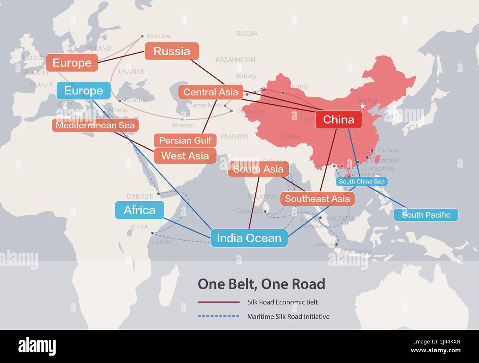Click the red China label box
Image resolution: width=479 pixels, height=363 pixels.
pos(338,119)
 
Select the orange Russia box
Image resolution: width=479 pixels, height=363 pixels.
pos(172,51)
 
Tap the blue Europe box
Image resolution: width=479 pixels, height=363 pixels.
pos(84,91)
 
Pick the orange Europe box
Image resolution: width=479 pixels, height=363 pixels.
pos(72,63)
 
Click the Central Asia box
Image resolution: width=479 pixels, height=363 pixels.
pos(211,92)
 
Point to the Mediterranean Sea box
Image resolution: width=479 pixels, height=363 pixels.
pos(95,125)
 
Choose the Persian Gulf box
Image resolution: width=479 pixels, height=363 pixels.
pos(185,140)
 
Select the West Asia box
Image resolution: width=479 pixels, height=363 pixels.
pos(185,156)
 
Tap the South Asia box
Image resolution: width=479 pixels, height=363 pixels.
pos(258,169)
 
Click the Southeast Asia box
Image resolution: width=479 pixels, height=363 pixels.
pos(317,199)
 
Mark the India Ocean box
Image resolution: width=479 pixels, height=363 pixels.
pos(249,238)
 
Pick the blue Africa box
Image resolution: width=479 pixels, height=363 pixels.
pos(140,210)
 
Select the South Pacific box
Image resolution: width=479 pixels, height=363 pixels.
pos(426,215)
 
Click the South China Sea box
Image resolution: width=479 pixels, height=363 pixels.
pos(361,181)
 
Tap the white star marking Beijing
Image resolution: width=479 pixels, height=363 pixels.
pos(363,106)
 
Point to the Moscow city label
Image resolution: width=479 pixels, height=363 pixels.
pos(158,36)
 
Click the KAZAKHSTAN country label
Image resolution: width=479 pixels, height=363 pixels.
pos(235,60)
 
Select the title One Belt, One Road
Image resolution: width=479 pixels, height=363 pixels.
pos(262,284)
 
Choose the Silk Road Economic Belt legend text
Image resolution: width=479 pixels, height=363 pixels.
pos(283,302)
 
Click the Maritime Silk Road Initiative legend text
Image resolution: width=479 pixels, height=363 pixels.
pos(289,317)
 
